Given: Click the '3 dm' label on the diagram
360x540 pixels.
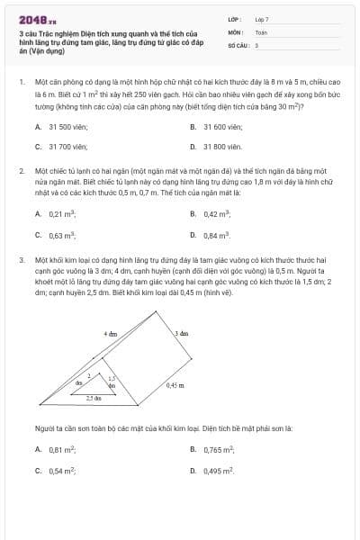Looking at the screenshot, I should click(181, 333).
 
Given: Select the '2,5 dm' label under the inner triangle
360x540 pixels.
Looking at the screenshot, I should click(93, 397).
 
